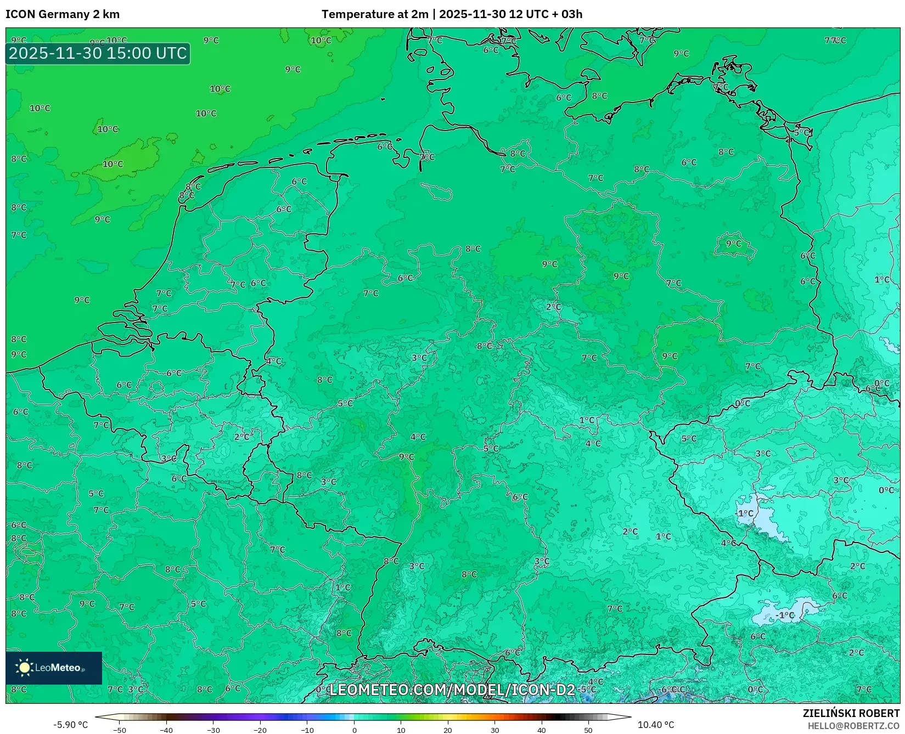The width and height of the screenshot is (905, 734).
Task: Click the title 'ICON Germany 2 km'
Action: coord(63,14)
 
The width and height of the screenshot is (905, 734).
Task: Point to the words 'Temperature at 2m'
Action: coord(375,14)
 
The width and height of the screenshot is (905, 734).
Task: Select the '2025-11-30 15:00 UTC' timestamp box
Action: coord(98,53)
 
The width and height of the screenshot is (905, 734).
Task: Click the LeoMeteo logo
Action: coord(54,668)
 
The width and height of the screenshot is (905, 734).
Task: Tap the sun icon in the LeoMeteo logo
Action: coord(24,668)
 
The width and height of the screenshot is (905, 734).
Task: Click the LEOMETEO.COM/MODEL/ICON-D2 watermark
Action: coord(452,690)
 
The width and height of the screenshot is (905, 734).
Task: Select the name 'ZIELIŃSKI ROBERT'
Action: coord(851,713)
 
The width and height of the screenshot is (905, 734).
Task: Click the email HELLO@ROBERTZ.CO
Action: coord(853,726)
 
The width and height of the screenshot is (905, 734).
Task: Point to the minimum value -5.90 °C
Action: coord(70,725)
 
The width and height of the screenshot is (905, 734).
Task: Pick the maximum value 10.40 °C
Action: coord(656,725)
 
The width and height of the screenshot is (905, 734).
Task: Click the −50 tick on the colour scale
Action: coord(120,730)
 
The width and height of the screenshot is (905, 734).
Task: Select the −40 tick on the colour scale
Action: coord(166,730)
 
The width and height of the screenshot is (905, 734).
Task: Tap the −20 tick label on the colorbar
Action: coord(260,730)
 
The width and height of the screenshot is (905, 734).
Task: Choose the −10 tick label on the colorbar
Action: coord(307,730)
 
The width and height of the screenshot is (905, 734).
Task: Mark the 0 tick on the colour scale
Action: coord(355,730)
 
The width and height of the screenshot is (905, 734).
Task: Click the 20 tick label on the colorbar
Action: coord(448,730)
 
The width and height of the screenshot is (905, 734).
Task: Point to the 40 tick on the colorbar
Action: coord(542,730)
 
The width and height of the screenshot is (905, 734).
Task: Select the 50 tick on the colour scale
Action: coord(588,730)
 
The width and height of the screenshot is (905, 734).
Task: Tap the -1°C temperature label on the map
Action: coord(785,615)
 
